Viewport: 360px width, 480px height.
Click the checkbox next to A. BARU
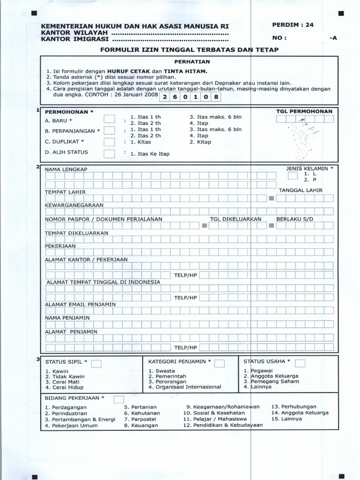click(109, 120)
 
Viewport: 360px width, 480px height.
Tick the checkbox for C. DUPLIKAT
click(109, 142)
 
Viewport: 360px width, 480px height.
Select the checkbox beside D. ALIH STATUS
click(109, 153)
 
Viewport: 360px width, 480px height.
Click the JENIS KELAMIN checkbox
click(292, 176)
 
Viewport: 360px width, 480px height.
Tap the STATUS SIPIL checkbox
click(97, 364)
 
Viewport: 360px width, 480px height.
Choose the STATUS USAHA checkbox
click(300, 363)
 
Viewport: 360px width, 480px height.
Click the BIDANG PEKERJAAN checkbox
click(119, 399)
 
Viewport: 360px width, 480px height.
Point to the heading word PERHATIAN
click(187, 61)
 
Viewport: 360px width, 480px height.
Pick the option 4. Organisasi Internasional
click(185, 387)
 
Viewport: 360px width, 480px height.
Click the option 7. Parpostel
click(140, 419)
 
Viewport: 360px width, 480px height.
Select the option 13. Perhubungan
click(294, 406)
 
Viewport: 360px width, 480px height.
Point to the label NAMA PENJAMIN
click(67, 318)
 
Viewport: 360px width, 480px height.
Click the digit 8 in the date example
click(216, 97)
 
